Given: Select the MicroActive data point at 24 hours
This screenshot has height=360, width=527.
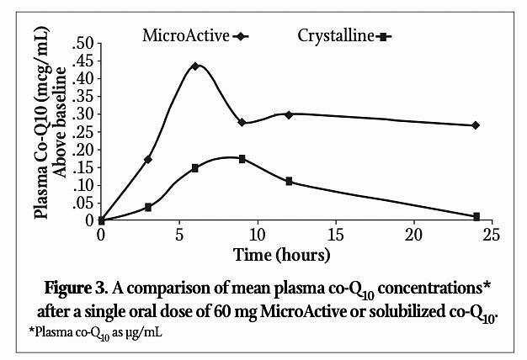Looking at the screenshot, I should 476,125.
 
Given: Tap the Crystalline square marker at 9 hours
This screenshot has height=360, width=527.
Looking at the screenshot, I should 242,158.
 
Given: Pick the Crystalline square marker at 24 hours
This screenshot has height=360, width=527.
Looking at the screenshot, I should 476,216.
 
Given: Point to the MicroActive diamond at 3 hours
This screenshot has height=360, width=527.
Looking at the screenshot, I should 148,159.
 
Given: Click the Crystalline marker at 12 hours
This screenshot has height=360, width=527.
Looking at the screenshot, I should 289,181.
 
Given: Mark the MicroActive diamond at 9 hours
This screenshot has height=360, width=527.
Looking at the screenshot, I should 242,122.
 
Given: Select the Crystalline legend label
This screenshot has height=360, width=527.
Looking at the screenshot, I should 335,35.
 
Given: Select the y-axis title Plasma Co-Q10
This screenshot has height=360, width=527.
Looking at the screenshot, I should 40,130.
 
